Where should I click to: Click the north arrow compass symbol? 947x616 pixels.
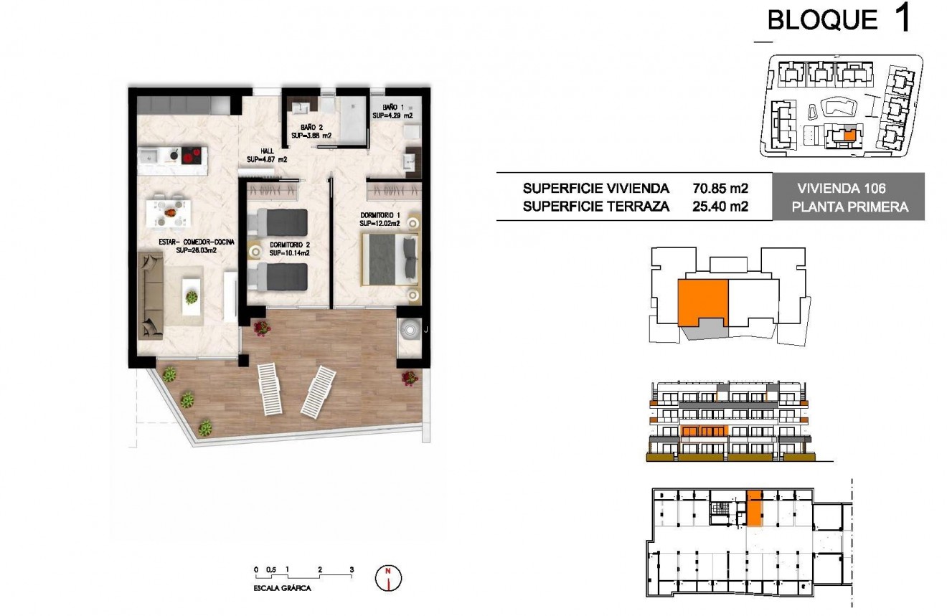tap(388, 577)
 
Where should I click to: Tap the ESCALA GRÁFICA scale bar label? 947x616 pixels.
tap(282, 587)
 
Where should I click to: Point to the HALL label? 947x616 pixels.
tap(266, 156)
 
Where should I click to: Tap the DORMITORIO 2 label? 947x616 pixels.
tap(289, 249)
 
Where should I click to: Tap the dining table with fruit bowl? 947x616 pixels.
tap(169, 212)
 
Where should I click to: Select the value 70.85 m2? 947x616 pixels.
tap(720, 189)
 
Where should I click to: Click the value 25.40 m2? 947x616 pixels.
tap(720, 207)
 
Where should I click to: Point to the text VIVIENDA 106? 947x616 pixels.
tap(842, 189)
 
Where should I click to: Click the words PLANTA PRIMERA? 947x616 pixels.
tap(849, 207)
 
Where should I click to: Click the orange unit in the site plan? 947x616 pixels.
tap(850, 134)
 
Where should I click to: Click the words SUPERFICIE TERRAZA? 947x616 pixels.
tap(596, 207)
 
